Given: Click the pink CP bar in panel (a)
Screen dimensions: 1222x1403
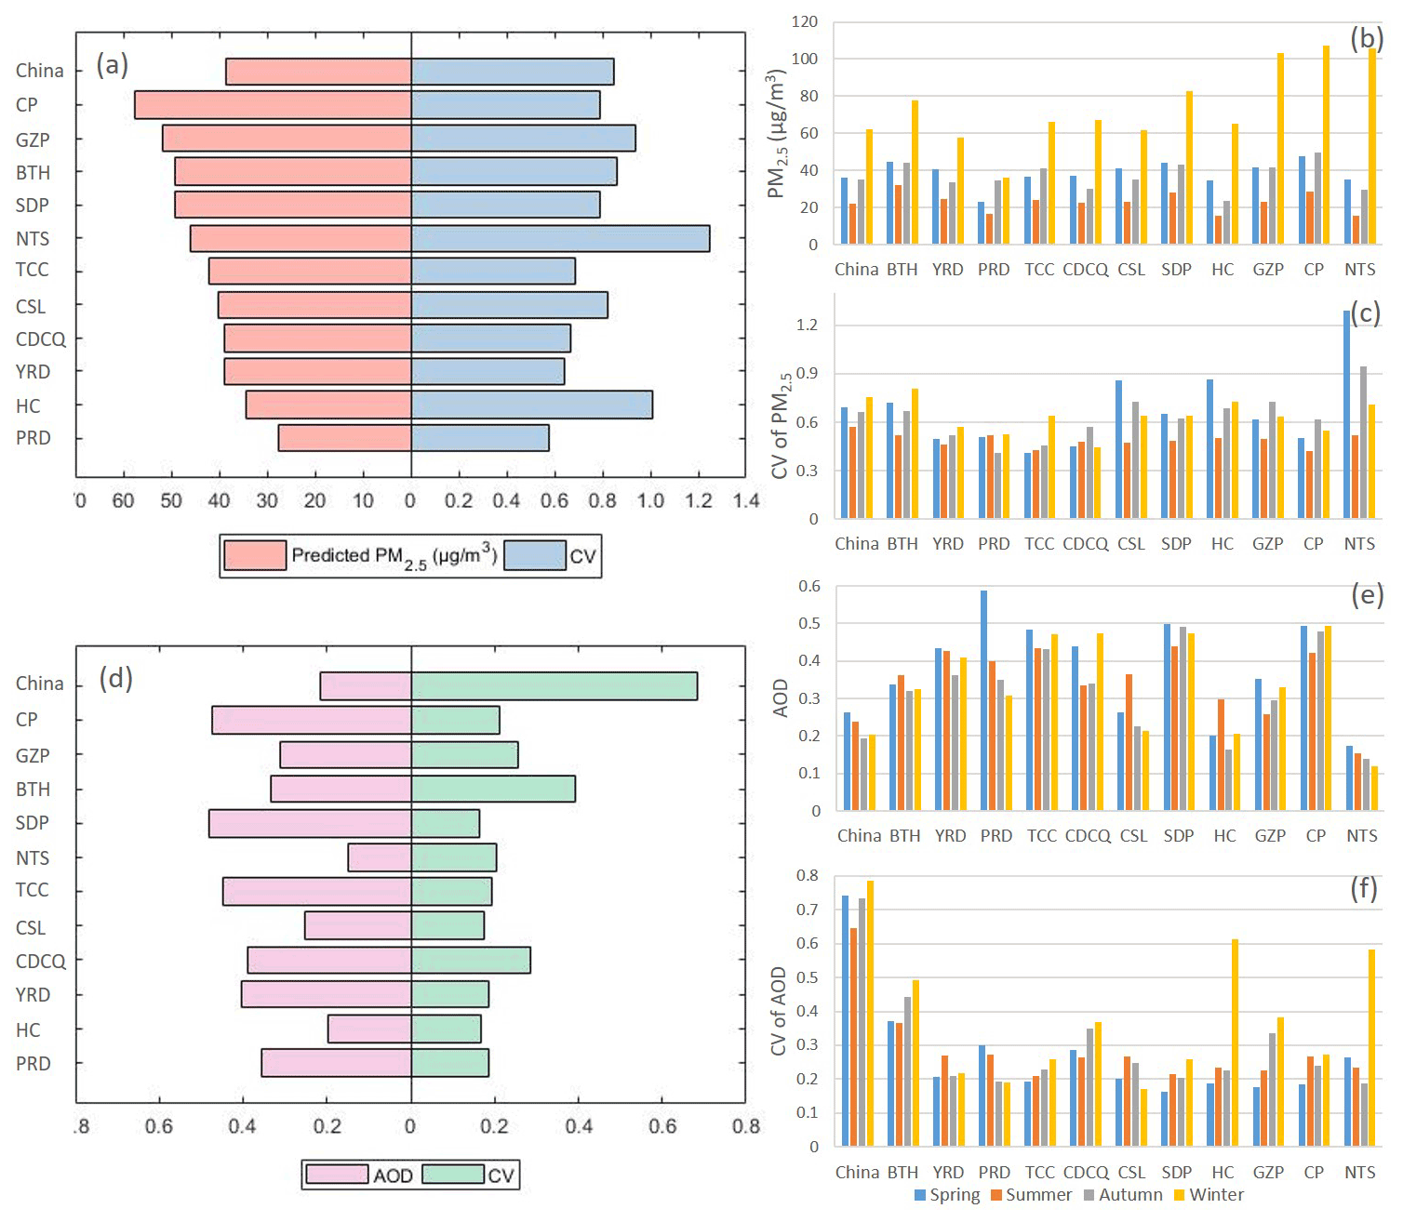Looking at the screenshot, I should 273,105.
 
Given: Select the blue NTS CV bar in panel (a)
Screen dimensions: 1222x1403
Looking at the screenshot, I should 560,238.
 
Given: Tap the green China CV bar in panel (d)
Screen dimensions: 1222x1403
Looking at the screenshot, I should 554,686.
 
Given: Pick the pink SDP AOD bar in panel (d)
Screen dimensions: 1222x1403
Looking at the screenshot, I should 310,824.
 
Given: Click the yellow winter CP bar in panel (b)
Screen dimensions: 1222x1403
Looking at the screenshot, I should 1326,144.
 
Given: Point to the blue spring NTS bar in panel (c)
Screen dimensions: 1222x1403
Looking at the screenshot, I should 1346,414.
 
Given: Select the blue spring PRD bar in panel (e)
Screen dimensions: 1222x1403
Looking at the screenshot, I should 983,699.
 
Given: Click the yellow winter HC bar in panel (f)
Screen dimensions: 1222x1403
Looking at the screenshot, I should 1235,1042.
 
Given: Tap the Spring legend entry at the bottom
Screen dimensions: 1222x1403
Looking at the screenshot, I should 947,1195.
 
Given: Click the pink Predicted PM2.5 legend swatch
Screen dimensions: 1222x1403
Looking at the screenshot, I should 255,555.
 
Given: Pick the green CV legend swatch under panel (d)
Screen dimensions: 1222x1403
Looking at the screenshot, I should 453,1175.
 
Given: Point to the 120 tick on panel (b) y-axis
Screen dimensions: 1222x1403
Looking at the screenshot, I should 805,21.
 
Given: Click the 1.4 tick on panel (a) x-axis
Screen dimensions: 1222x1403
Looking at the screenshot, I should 746,501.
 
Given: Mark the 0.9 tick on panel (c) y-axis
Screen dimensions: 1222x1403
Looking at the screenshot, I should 807,374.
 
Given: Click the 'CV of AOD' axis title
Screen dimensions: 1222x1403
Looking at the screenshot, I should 779,1011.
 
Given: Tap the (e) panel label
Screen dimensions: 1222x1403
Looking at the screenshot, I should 1366,594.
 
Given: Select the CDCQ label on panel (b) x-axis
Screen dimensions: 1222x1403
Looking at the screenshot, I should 1085,270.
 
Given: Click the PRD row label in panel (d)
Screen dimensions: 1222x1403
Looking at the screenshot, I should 33,1064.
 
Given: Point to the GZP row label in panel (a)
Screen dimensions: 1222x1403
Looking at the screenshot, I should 33,140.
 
